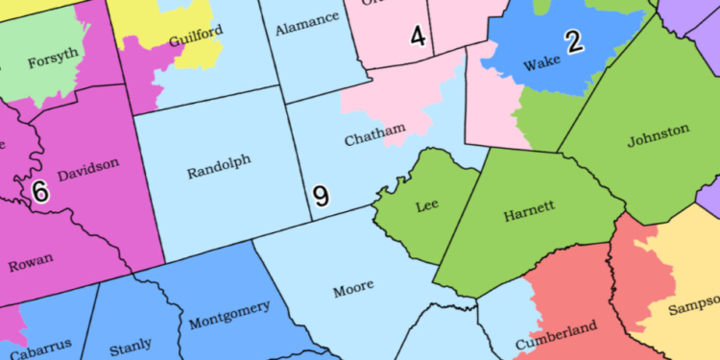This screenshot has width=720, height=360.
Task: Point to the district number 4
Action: tap(418, 36)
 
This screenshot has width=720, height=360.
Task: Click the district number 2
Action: tap(573, 41)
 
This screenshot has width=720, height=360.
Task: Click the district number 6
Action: tap(39, 192)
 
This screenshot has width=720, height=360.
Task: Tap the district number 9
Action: tap(321, 197)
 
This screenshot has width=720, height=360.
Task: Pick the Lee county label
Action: tap(427, 206)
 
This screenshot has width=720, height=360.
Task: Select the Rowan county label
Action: tap(31, 262)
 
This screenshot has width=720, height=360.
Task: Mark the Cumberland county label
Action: tap(556, 335)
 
